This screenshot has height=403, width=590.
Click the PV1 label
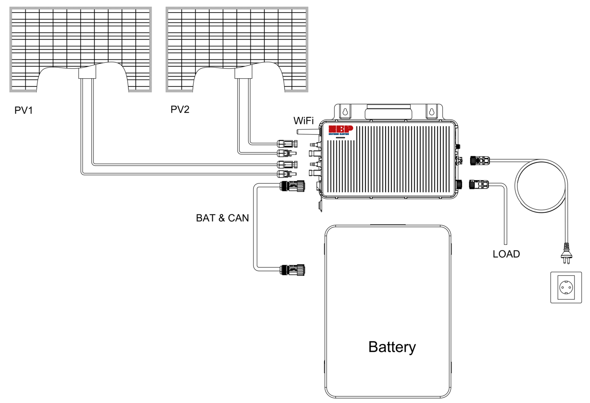pos(24,110)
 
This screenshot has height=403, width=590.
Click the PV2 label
pos(180,110)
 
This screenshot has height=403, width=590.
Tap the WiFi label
pos(303,121)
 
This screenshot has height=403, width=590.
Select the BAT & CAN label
pos(222,218)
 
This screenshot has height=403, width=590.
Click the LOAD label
pos(506,254)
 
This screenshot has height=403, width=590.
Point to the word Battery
pos(392,347)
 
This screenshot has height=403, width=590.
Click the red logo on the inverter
pos(340,130)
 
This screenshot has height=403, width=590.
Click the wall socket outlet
pos(566,288)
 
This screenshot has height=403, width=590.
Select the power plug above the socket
pos(567,253)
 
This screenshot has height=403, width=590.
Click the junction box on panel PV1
pos(87,73)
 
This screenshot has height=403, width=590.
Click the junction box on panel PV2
pos(243,73)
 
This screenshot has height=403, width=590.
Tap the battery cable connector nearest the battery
pos(292,270)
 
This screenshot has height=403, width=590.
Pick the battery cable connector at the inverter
pos(292,186)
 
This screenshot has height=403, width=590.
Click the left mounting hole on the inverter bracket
pos(345,111)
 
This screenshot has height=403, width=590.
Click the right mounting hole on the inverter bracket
pos(431,111)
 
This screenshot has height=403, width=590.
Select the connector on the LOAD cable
pos(479,184)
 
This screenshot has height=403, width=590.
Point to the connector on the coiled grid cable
pos(480,160)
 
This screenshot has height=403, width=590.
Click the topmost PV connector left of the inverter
pos(287,143)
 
